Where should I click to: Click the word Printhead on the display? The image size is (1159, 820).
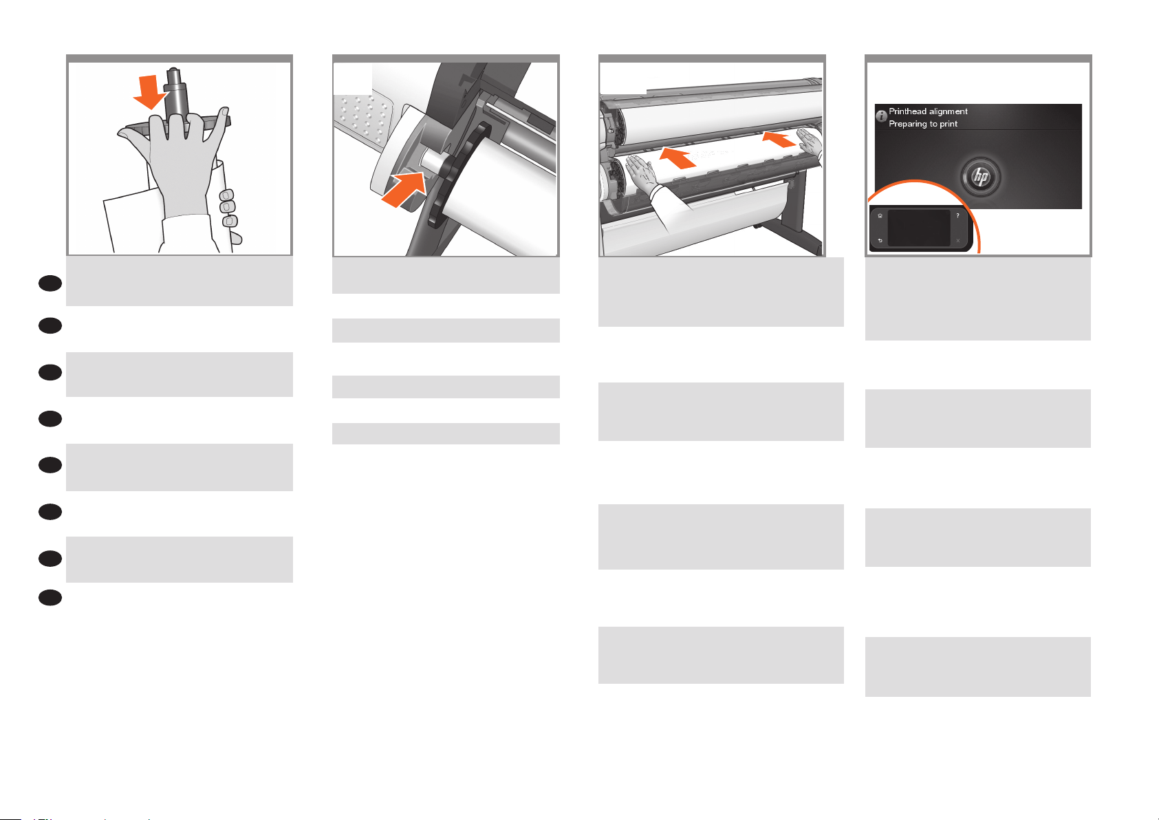point(907,111)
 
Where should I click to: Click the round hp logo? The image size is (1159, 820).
point(980,177)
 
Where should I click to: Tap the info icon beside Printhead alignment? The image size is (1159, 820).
point(881,116)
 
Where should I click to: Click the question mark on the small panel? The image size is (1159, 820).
point(957,216)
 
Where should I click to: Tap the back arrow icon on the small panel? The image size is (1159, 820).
point(880,241)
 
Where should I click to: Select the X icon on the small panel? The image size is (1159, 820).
point(957,241)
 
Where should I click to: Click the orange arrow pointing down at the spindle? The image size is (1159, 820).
point(149,92)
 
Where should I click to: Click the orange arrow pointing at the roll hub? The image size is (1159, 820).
point(404,190)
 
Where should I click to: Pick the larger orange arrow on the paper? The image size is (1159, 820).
point(678,158)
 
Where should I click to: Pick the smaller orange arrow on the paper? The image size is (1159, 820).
point(779,139)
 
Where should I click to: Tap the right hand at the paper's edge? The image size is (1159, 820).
point(809,143)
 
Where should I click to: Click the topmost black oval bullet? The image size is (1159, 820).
point(50,283)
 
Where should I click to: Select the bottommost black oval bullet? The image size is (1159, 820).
point(50,598)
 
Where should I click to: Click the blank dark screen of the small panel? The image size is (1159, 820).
point(919,228)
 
